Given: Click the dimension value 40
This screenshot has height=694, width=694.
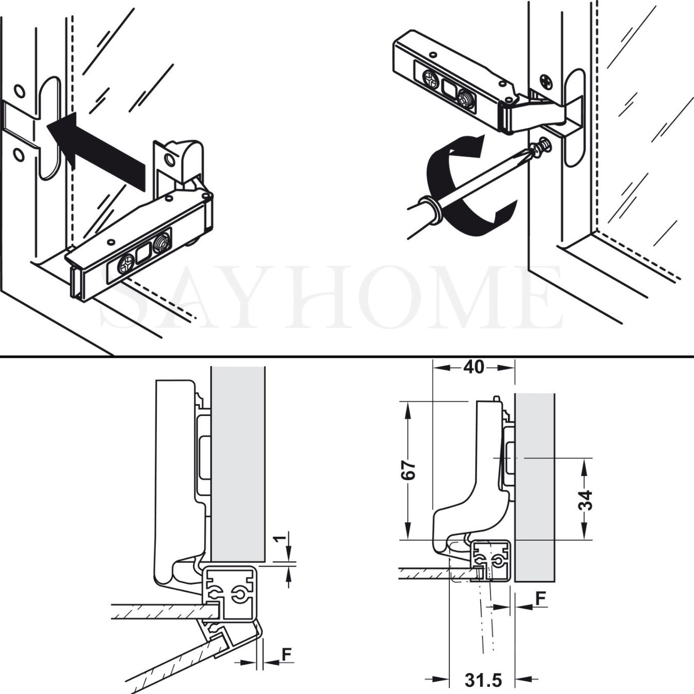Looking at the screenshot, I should point(473,367).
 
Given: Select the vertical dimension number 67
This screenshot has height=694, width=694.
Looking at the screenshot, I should point(408,470).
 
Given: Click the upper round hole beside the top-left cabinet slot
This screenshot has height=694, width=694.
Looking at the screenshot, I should point(19,92).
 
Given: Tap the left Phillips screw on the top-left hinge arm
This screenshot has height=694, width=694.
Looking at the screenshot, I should point(125,265).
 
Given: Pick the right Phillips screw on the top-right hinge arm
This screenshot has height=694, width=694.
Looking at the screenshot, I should point(465,98).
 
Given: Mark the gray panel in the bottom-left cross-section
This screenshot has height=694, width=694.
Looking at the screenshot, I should point(238,463).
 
